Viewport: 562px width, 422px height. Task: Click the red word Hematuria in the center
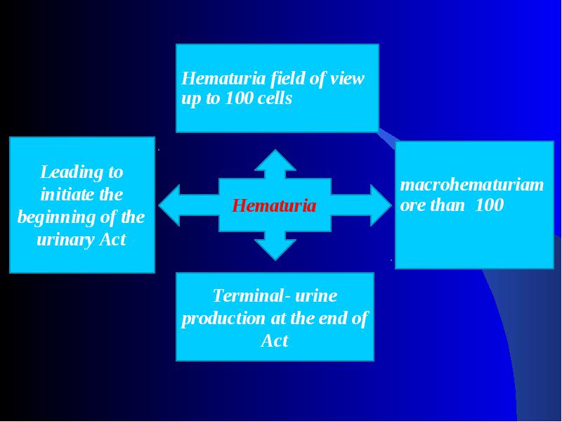coord(274,206)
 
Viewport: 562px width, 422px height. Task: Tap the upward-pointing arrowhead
coord(275,160)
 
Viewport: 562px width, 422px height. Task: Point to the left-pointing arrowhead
coord(169,205)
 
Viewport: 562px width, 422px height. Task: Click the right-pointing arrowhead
coord(381,205)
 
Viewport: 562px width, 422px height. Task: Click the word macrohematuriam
coord(471,185)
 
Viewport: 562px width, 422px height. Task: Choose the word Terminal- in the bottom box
coord(252,295)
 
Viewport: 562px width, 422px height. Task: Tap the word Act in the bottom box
coord(275,340)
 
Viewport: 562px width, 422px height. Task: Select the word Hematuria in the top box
coord(223,78)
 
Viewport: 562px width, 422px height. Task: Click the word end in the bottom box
coord(333,319)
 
